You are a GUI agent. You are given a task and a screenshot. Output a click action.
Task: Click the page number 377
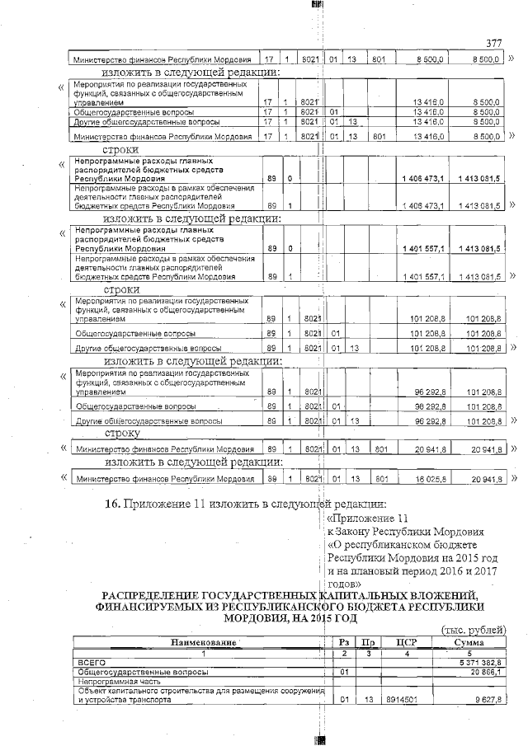(493, 44)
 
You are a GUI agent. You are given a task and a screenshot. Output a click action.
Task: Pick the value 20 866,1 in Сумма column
(484, 672)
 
